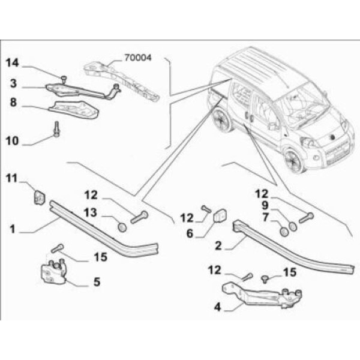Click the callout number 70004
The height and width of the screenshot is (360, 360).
(138, 59)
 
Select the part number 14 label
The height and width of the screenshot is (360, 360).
(13, 62)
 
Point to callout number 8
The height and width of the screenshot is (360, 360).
(13, 103)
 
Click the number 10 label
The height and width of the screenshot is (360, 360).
(13, 142)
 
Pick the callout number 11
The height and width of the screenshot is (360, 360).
(13, 178)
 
